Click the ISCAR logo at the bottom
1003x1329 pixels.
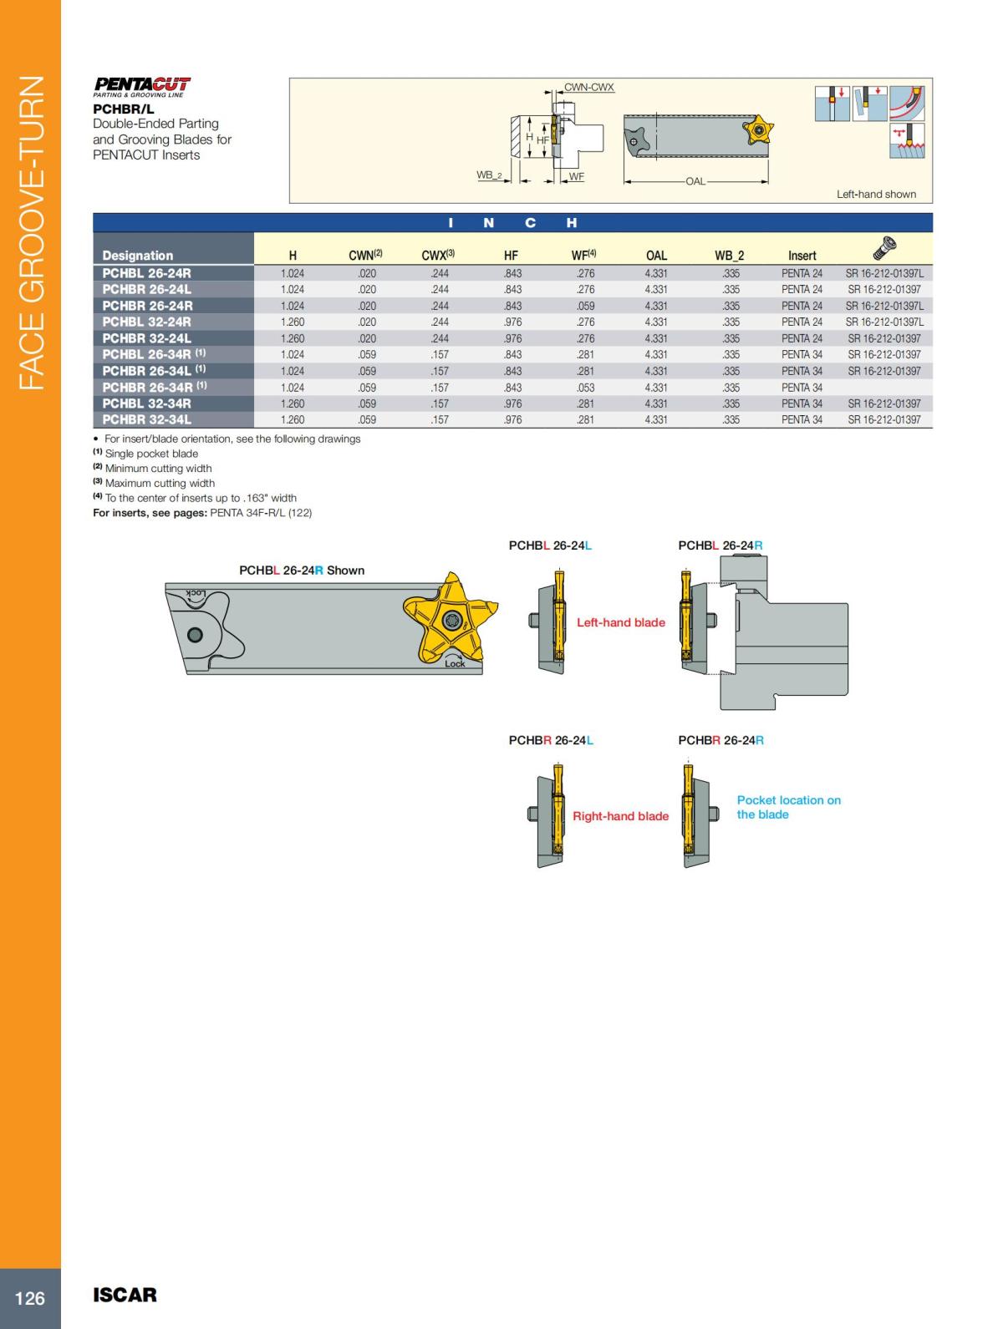pos(125,1295)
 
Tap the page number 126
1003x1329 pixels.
pos(30,1297)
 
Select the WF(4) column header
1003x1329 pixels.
pos(583,256)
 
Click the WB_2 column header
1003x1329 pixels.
pos(729,256)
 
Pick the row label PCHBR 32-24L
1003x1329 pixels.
pos(147,338)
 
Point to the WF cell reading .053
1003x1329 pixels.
pos(585,388)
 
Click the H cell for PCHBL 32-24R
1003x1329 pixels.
pos(293,322)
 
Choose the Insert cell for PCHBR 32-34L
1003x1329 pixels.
pos(802,420)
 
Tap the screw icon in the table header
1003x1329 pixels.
pos(883,246)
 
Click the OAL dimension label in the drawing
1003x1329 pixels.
pos(695,181)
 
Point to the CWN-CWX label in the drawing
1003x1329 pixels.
pos(589,87)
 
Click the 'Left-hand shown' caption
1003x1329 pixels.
pos(876,194)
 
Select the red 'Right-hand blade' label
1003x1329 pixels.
pos(620,816)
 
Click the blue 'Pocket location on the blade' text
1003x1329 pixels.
pos(788,807)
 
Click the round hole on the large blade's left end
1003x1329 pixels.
pos(195,634)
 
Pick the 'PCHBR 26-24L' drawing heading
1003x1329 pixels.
pos(551,740)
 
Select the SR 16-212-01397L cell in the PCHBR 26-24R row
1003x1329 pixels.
pos(884,306)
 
